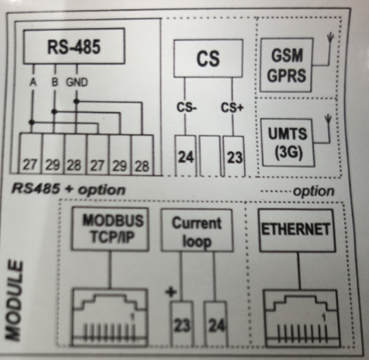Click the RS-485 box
(73, 45)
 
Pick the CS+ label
(233, 109)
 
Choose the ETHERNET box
(297, 230)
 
